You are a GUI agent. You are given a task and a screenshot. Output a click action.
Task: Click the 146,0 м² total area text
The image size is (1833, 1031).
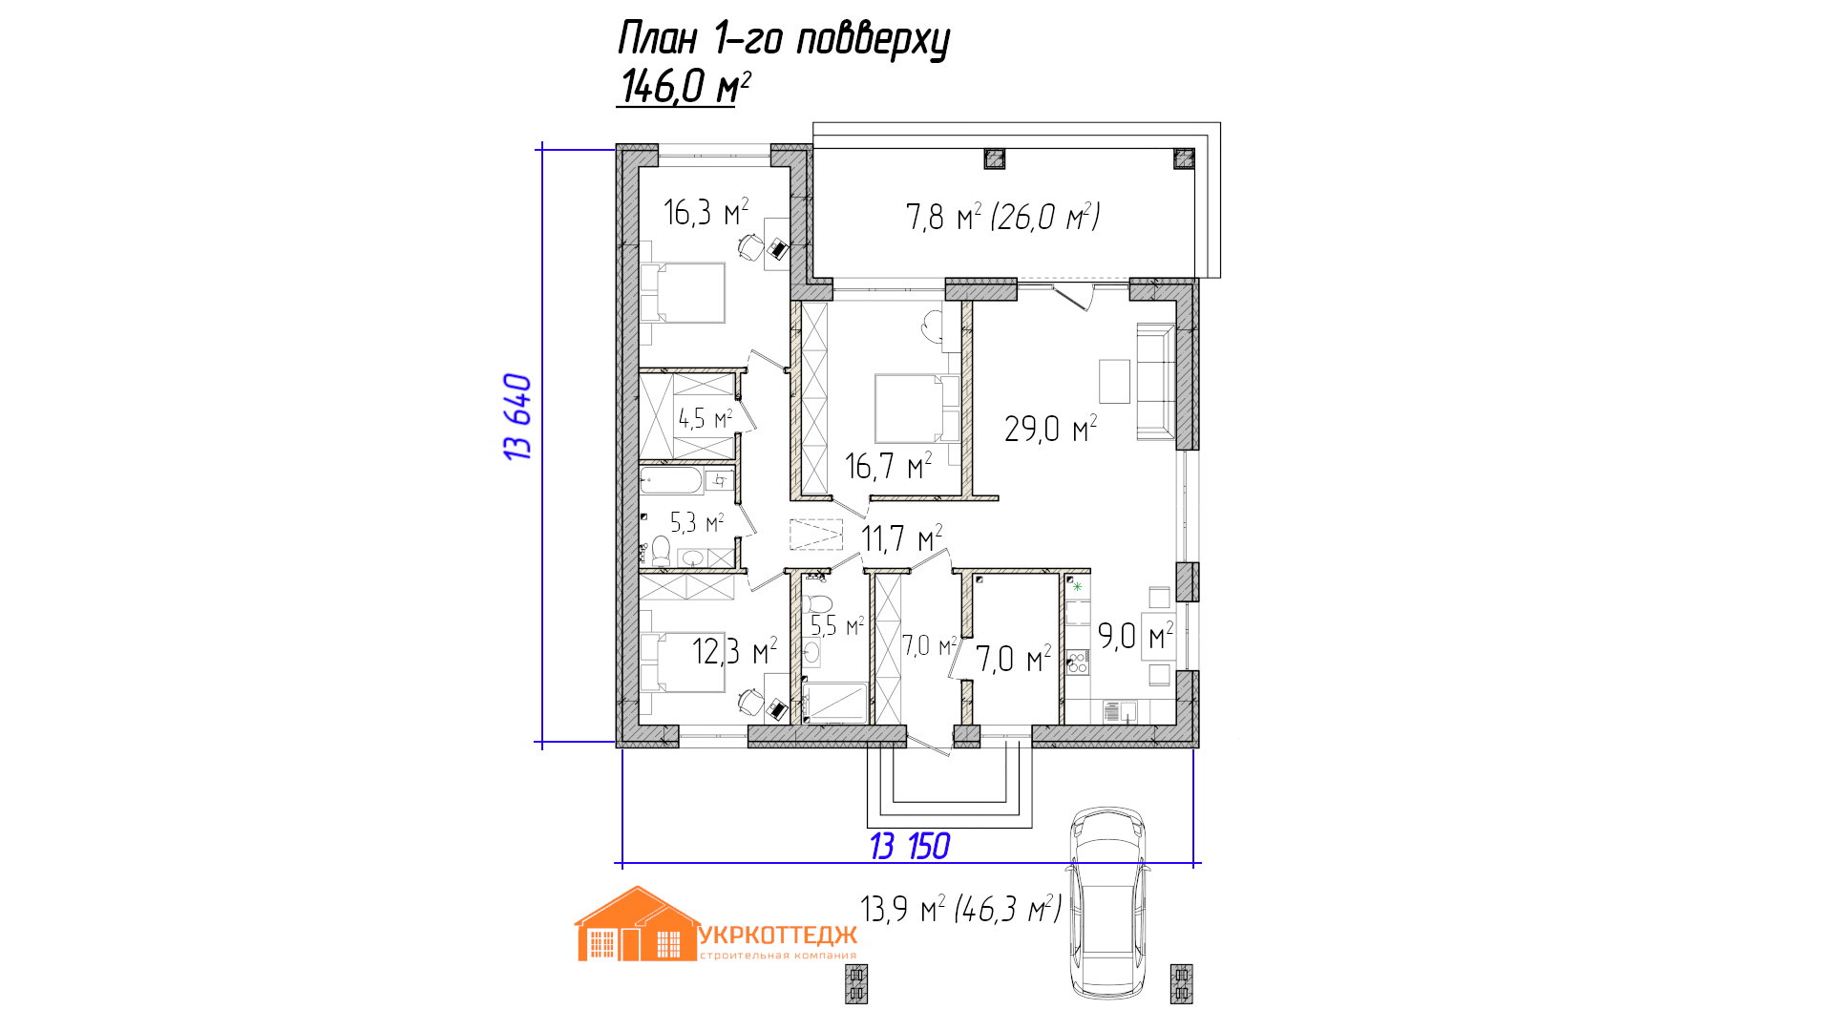click(x=685, y=86)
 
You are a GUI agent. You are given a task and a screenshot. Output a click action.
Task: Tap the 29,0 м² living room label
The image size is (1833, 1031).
click(x=1050, y=429)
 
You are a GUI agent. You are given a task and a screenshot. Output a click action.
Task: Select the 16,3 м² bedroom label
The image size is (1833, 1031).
click(x=706, y=212)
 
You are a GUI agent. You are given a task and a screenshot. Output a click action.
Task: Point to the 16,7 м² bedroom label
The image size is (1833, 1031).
click(x=888, y=466)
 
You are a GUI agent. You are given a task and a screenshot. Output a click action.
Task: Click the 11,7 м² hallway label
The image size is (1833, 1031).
click(x=902, y=538)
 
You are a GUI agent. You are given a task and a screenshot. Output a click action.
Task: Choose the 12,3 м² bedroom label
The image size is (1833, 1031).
click(x=734, y=651)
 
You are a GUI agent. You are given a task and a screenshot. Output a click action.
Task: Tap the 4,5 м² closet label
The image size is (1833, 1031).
click(x=705, y=418)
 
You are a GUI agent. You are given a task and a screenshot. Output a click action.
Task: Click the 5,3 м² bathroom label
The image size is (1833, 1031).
click(x=697, y=522)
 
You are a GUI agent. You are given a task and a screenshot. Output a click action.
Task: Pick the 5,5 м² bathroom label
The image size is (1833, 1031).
click(x=837, y=625)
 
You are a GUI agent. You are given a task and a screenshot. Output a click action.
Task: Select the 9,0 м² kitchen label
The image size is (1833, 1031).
click(x=1135, y=635)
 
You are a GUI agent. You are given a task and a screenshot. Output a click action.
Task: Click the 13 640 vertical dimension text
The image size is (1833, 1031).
click(x=517, y=417)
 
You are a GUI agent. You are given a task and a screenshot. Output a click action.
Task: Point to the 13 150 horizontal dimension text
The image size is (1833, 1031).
click(x=910, y=846)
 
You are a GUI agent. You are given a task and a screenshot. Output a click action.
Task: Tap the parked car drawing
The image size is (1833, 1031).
click(x=1107, y=903)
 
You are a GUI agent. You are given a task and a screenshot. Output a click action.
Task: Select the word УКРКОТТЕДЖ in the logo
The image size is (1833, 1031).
click(x=778, y=936)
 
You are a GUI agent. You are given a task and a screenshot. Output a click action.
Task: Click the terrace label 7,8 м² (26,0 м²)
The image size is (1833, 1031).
click(x=1002, y=217)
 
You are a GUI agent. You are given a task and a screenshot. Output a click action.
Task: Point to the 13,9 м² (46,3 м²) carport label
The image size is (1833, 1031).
click(x=960, y=909)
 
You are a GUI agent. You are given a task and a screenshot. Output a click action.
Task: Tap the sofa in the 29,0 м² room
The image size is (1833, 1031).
click(x=1155, y=382)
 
